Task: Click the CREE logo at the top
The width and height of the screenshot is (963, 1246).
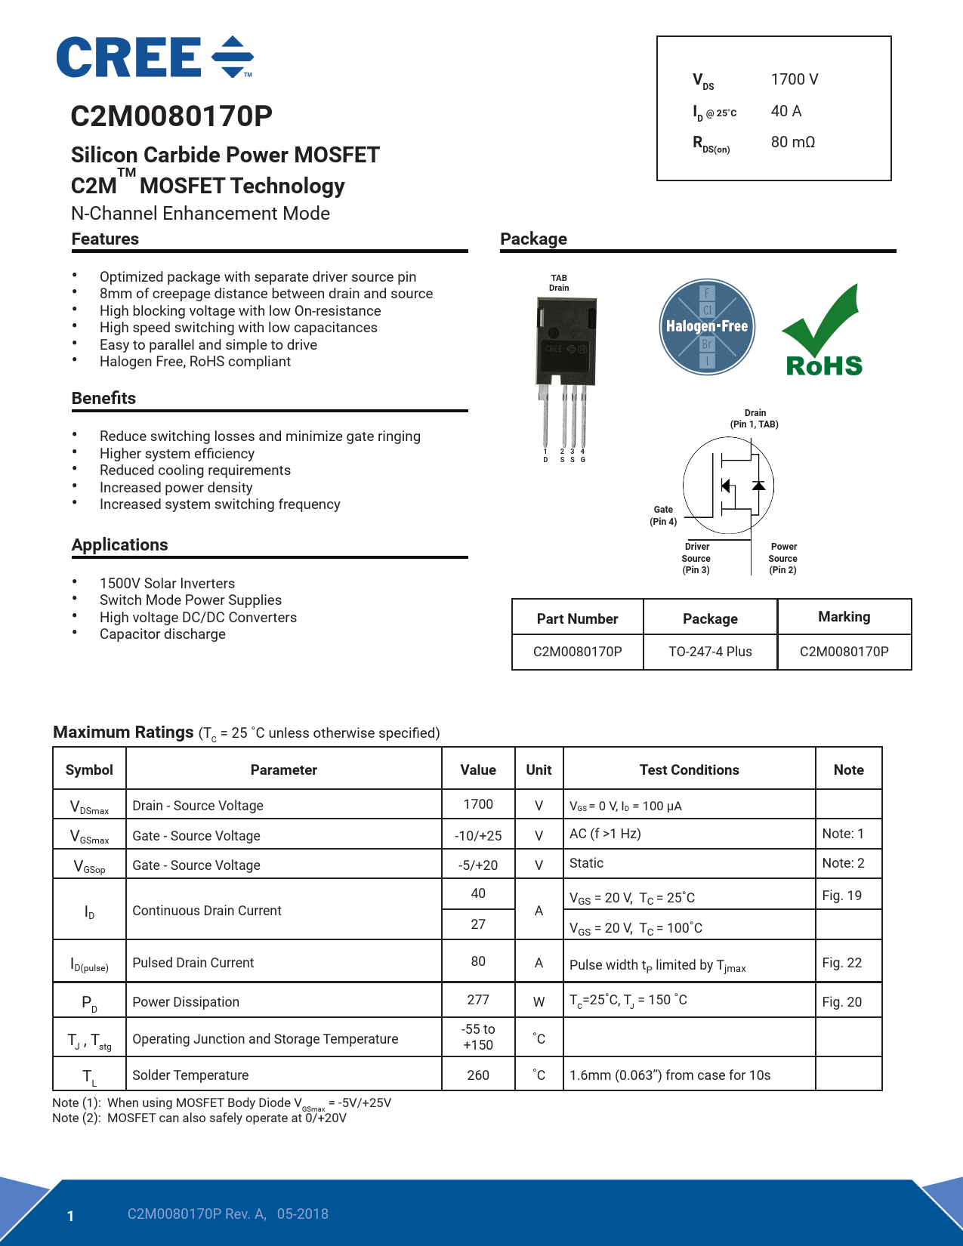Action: point(155,57)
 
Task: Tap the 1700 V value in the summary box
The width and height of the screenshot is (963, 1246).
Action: point(794,79)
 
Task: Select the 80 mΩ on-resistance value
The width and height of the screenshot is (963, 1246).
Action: point(792,142)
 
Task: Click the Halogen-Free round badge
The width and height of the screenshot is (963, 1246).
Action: point(706,327)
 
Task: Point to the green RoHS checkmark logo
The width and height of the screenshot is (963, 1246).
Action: point(824,331)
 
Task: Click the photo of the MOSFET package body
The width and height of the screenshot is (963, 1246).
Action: point(566,341)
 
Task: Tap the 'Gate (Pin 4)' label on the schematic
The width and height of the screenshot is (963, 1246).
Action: point(663,516)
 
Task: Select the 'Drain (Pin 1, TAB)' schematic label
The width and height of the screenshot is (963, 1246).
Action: point(755,418)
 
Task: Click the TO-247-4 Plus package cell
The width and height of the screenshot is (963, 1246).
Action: point(710,652)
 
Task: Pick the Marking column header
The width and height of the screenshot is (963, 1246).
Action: point(844,617)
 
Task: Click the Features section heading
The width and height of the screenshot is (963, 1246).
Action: point(105,239)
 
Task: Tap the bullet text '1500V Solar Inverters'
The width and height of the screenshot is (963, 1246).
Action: point(167,584)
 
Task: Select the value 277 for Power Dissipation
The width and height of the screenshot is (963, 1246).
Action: point(478,1000)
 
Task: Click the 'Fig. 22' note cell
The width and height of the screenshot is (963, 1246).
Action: point(841,963)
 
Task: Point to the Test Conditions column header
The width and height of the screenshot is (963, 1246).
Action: point(689,770)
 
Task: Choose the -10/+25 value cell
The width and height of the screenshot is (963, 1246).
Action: point(478,836)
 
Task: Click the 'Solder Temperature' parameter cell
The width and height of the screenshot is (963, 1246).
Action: point(190,1075)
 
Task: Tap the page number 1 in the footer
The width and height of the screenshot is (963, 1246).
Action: point(70,1216)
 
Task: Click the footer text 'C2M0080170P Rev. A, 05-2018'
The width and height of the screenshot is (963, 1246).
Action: point(227,1214)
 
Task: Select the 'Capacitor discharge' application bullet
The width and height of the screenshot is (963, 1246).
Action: point(162,634)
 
